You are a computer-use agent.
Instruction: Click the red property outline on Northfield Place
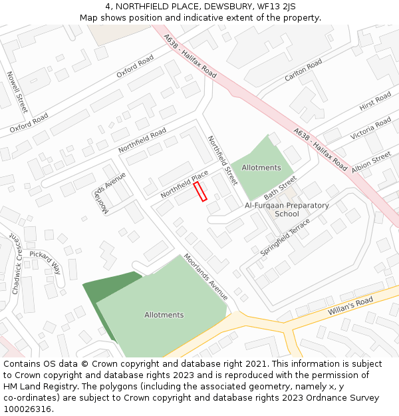pyautogui.click(x=200, y=191)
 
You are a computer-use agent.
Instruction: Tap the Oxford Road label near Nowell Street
pyautogui.click(x=29, y=122)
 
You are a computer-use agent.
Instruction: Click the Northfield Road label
pyautogui.click(x=142, y=140)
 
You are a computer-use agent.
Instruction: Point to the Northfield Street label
pyautogui.click(x=222, y=160)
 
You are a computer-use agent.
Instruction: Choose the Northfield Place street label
pyautogui.click(x=184, y=184)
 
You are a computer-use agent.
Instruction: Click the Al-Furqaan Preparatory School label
pyautogui.click(x=287, y=210)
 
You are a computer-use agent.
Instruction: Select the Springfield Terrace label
pyautogui.click(x=285, y=238)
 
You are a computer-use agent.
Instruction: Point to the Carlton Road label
pyautogui.click(x=303, y=70)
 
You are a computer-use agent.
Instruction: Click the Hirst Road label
pyautogui.click(x=375, y=103)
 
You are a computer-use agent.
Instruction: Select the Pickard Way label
pyautogui.click(x=45, y=261)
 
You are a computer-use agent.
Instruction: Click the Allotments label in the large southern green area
pyautogui.click(x=164, y=315)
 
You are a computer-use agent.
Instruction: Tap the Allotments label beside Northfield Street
pyautogui.click(x=261, y=168)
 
